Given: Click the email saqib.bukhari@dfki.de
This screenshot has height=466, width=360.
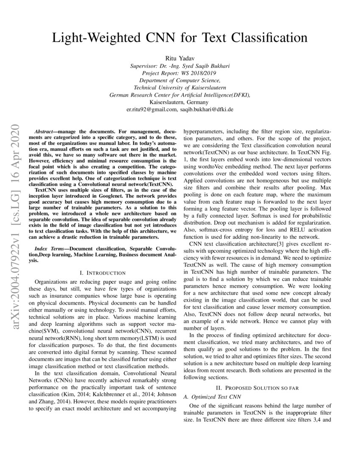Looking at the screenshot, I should [x=206, y=109].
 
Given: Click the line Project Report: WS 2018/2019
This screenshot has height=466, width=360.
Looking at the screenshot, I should [x=180, y=73].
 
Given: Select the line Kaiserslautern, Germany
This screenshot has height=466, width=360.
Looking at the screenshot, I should [x=180, y=102].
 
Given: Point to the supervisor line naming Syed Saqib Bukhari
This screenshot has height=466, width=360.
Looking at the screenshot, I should [x=180, y=66].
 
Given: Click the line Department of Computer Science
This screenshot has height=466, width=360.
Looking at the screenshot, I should [x=180, y=80].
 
